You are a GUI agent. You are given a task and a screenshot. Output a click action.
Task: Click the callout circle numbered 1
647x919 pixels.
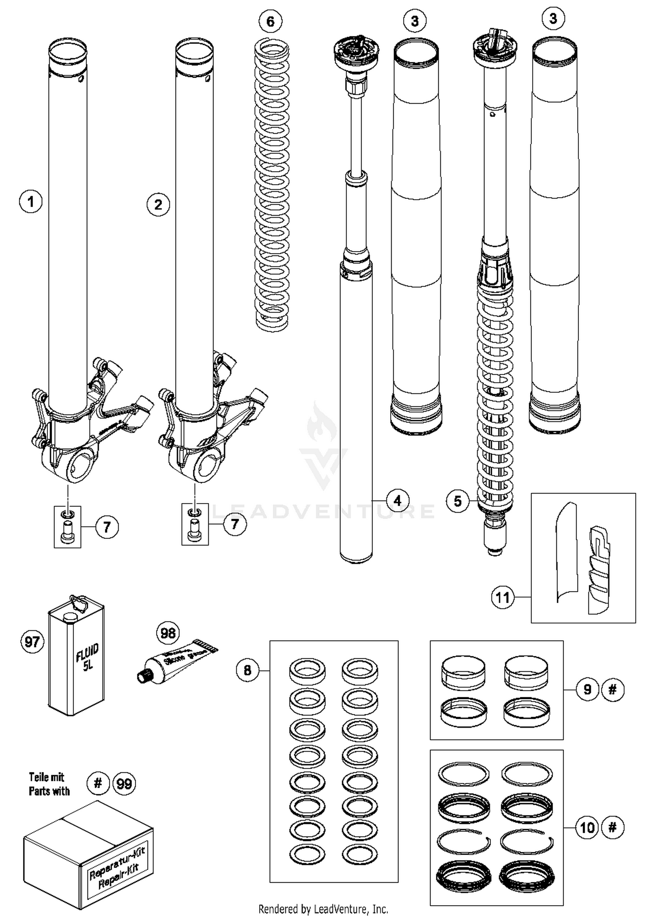(31, 201)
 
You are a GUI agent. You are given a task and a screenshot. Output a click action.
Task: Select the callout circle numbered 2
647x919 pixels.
(158, 205)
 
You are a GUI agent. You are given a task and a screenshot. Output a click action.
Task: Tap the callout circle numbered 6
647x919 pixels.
(270, 21)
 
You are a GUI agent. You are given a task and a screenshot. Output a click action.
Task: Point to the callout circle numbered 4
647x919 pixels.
(397, 500)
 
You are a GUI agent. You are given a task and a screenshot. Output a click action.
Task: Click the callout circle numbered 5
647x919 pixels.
(458, 501)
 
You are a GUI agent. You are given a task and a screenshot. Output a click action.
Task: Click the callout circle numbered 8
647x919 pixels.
(248, 670)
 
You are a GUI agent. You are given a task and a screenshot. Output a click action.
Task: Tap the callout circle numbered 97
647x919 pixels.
(32, 642)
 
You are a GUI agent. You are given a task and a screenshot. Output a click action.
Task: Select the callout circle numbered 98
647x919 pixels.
(168, 633)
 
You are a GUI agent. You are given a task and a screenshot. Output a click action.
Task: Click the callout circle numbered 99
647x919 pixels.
(124, 783)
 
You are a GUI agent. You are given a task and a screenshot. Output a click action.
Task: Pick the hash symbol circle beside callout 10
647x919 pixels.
(612, 827)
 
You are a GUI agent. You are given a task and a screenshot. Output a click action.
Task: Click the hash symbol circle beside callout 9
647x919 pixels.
(612, 689)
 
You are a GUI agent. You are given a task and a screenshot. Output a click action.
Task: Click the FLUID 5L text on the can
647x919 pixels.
(88, 658)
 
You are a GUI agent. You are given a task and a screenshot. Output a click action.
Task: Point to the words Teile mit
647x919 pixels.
(47, 777)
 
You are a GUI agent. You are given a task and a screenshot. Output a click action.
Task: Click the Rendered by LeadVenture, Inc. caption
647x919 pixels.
(323, 909)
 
